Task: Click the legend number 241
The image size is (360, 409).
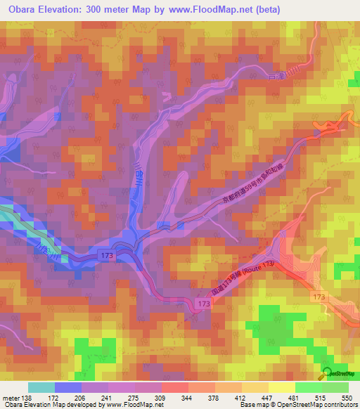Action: tap(108, 397)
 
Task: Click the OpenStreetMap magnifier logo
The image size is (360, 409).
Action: tap(328, 375)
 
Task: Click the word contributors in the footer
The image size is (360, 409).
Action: tap(341, 405)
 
